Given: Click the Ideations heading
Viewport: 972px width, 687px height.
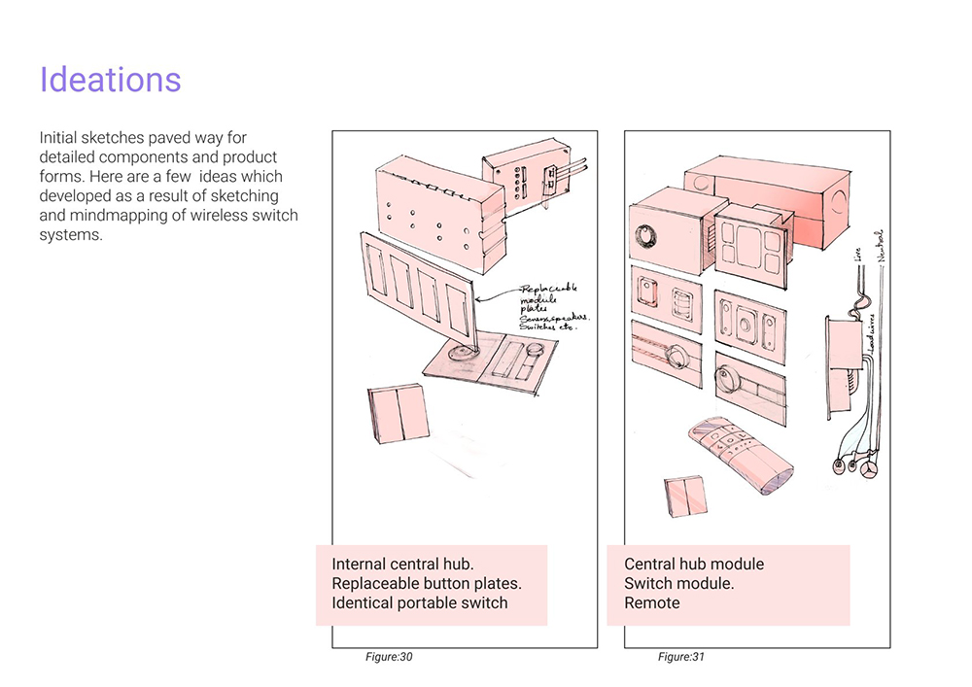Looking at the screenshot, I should [110, 80].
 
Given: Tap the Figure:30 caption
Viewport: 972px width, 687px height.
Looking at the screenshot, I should [389, 658].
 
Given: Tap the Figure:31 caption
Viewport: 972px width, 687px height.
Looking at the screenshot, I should [680, 658].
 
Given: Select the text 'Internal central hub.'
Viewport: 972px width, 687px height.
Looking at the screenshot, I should [403, 564].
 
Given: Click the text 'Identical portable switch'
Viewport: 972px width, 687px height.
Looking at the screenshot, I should [420, 603].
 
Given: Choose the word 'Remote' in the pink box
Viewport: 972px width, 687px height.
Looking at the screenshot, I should [652, 603].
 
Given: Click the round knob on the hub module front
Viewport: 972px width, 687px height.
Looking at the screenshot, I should [646, 236].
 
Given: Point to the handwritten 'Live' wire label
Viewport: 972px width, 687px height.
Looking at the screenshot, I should [857, 254].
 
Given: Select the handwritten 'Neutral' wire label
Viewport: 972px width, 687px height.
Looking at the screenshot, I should [882, 245].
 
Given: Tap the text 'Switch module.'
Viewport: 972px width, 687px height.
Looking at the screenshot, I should [678, 583].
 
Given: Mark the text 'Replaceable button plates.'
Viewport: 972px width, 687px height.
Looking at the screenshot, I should [427, 583].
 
